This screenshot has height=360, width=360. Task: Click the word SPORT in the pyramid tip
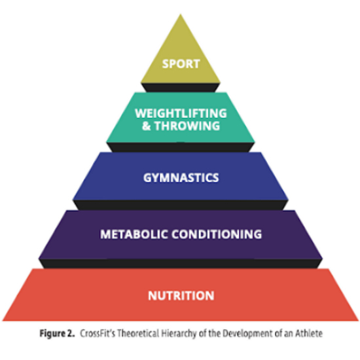click(181, 64)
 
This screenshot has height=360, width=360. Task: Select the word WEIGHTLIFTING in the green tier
click(181, 113)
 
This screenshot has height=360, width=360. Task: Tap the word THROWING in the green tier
click(187, 126)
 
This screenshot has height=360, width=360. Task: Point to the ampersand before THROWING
click(146, 126)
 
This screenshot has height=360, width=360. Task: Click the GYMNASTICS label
click(181, 177)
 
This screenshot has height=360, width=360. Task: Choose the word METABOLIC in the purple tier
click(134, 234)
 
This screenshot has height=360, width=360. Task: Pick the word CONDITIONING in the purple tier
click(217, 234)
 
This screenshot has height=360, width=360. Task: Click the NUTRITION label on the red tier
click(181, 295)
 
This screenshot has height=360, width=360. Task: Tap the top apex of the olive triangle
click(181, 14)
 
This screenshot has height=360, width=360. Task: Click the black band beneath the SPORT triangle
click(181, 88)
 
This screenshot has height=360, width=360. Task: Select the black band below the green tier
click(181, 147)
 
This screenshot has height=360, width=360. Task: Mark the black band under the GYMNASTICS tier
click(181, 205)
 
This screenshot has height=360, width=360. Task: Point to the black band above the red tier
click(181, 264)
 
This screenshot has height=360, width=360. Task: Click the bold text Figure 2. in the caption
click(57, 333)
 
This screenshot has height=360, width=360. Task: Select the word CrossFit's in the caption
click(98, 333)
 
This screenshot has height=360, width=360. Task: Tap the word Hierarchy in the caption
click(179, 334)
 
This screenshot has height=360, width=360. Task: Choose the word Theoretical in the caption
click(138, 333)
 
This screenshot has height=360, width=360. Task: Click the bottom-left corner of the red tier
click(3, 321)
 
